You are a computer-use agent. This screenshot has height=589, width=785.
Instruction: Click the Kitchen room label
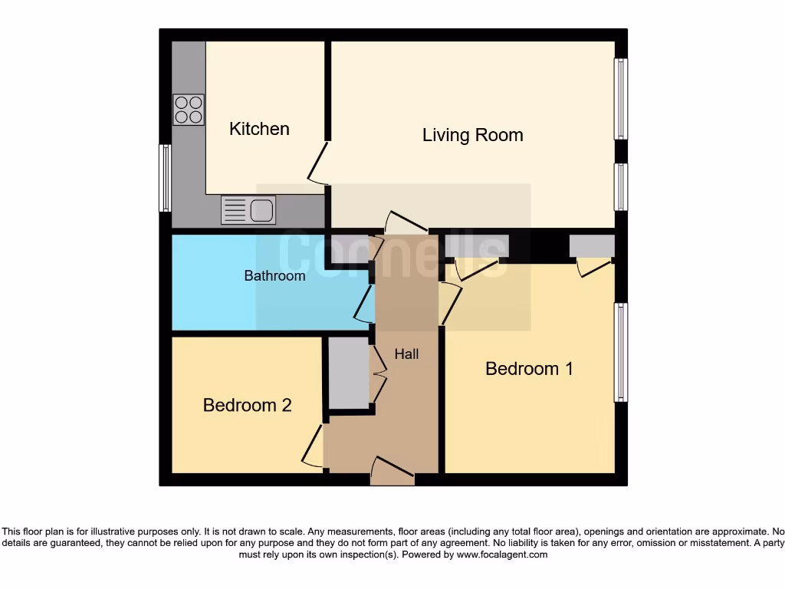[259, 129]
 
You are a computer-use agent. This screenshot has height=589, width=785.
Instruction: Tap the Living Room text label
[472, 135]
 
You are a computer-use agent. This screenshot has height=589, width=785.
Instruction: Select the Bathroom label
[274, 275]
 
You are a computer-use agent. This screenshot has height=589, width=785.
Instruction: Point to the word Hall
[406, 354]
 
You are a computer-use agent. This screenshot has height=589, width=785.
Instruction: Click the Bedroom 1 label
[529, 369]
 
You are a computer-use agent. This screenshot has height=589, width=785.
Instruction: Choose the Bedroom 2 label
[247, 405]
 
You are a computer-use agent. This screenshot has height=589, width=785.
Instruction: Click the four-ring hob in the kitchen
[189, 110]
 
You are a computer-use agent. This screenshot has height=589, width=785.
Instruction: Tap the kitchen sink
[248, 209]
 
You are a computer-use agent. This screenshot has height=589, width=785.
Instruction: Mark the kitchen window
[164, 178]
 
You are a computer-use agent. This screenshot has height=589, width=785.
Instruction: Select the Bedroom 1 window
[621, 352]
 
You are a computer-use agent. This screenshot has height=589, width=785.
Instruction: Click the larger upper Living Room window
[621, 99]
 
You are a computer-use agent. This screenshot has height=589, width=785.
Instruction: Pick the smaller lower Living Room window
[621, 186]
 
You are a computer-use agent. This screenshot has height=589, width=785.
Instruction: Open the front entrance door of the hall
[392, 469]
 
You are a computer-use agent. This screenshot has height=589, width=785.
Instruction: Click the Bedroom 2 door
[313, 446]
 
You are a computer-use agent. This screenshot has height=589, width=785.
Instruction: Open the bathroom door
[364, 303]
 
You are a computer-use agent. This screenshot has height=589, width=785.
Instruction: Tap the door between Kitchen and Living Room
[318, 163]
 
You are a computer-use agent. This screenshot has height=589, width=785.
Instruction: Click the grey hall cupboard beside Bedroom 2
[348, 373]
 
